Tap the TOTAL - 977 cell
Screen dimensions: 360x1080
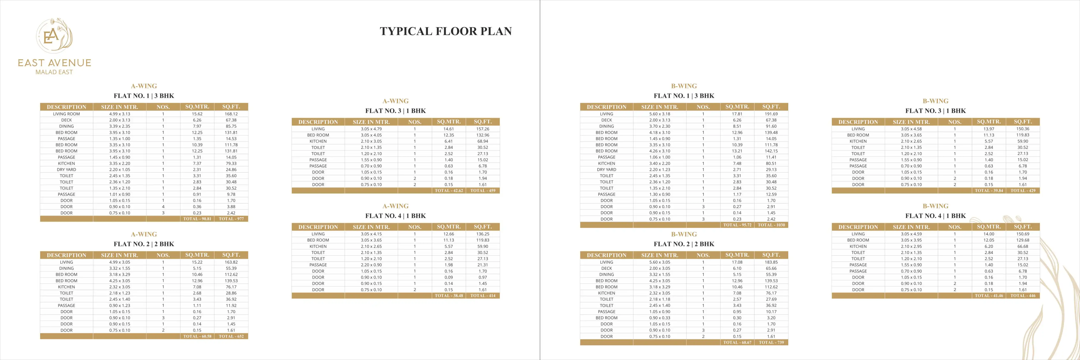(x=231, y=219)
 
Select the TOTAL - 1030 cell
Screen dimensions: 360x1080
(x=771, y=225)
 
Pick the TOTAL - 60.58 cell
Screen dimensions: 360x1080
(x=197, y=336)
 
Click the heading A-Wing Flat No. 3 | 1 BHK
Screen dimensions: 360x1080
(x=395, y=111)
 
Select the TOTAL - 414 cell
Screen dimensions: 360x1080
(x=482, y=295)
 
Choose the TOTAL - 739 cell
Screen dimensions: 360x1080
(x=771, y=342)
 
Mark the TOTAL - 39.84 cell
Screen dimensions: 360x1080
(x=989, y=191)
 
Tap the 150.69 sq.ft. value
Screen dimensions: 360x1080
(x=1022, y=234)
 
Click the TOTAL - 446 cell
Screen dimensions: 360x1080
(x=1022, y=295)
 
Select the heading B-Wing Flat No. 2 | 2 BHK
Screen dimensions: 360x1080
(x=684, y=244)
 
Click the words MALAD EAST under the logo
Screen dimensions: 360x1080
(x=54, y=72)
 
